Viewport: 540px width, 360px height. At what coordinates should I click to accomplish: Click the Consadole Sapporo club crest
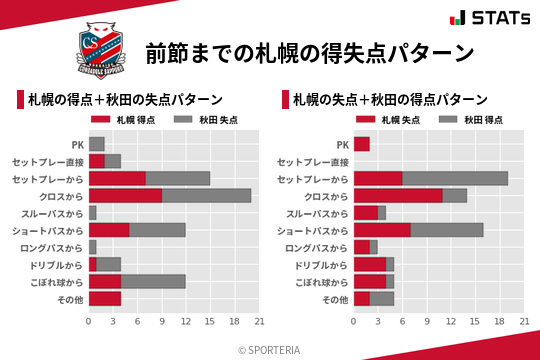[101, 53]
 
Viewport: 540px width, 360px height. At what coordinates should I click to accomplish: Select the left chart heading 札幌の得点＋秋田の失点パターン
[124, 100]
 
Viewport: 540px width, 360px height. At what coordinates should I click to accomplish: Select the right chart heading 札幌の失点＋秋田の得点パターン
[390, 100]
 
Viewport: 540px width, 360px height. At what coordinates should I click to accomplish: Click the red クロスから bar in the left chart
[125, 196]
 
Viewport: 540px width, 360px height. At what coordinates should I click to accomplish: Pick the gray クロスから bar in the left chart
[206, 196]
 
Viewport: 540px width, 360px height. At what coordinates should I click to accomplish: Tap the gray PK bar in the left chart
[97, 144]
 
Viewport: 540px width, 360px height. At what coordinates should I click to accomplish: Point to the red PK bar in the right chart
[362, 144]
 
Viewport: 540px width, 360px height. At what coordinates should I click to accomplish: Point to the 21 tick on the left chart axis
[259, 322]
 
